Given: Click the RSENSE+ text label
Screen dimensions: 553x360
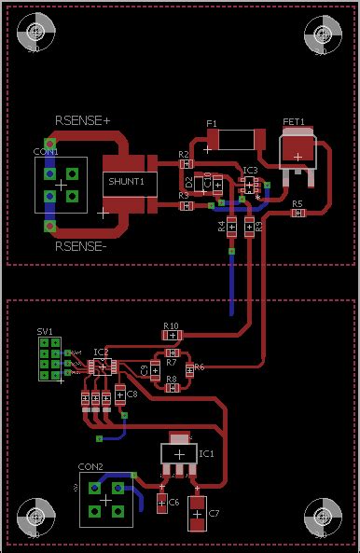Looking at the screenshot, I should click(x=83, y=120).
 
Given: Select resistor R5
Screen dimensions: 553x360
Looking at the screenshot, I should click(x=298, y=213).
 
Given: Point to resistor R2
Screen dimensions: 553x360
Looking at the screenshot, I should click(x=185, y=164).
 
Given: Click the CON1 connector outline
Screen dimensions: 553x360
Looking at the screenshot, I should click(x=62, y=186).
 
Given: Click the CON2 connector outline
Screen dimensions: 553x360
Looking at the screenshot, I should click(x=105, y=499).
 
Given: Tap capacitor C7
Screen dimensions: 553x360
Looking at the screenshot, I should click(x=198, y=514).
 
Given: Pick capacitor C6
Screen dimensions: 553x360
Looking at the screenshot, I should click(x=162, y=504).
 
